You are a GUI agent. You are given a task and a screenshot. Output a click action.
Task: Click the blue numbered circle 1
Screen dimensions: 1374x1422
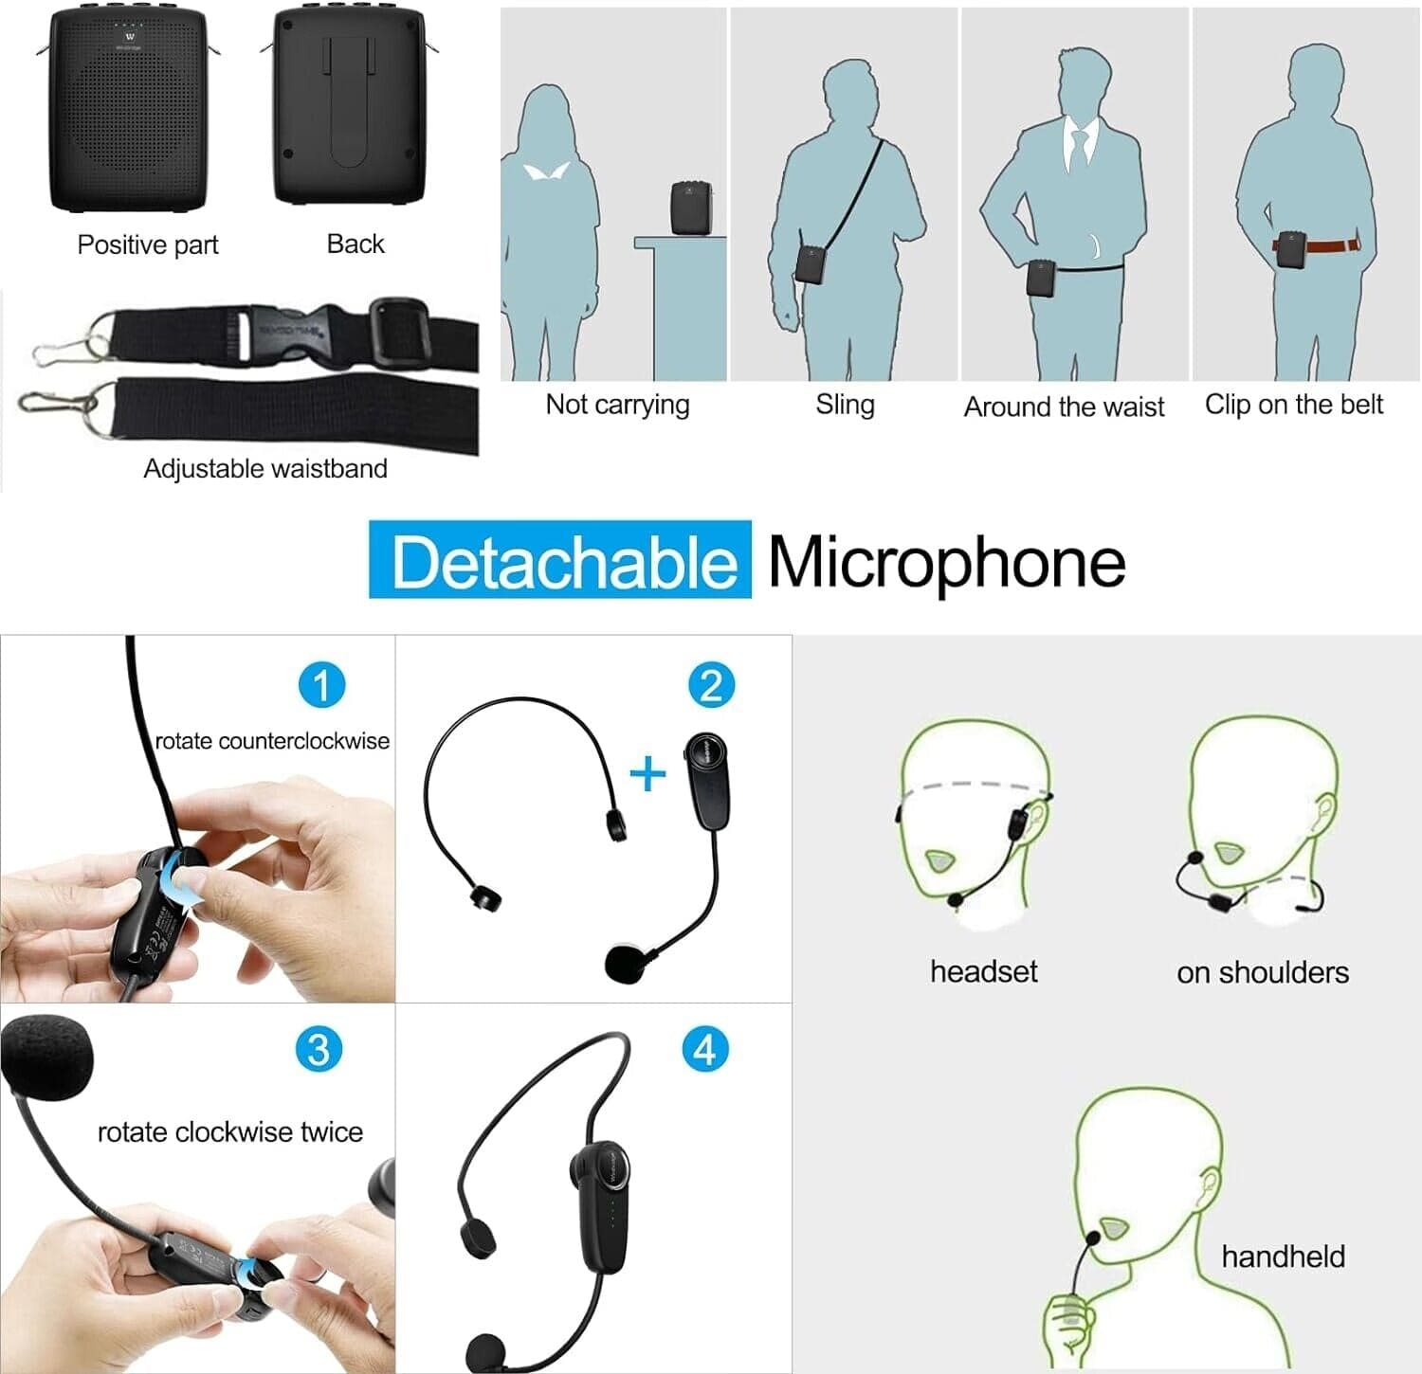(321, 685)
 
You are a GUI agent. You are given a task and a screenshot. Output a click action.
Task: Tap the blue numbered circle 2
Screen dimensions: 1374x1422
(711, 685)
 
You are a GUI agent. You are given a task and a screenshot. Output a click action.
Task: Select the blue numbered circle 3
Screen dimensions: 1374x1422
(319, 1049)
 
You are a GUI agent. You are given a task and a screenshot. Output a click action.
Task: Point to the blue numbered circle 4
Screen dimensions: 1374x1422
(705, 1049)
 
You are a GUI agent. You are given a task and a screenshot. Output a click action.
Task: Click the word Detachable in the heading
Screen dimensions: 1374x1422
(561, 561)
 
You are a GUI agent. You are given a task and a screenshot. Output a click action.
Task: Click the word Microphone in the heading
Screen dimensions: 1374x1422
(946, 561)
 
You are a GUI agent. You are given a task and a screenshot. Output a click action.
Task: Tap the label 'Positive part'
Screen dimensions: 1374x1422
(148, 244)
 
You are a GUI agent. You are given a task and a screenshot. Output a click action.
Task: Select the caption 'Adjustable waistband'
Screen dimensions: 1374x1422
(265, 468)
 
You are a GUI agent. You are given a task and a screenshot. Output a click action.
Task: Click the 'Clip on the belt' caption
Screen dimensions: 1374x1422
(1293, 405)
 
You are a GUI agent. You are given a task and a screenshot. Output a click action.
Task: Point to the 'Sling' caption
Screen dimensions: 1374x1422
(845, 405)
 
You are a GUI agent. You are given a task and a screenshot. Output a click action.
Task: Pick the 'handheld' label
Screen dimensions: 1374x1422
(1283, 1256)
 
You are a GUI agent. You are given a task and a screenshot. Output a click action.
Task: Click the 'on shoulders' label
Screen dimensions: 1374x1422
(1262, 972)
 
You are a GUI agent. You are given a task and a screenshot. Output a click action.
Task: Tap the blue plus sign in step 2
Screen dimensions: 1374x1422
(648, 775)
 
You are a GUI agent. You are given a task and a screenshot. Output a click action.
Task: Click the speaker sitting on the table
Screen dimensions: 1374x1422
(689, 208)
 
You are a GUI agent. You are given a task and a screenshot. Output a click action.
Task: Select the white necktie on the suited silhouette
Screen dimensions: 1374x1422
(1079, 149)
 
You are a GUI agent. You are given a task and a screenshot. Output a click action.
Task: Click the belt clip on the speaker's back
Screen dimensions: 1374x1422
(348, 102)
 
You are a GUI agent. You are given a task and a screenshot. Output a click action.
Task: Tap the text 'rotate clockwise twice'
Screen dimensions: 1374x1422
(230, 1131)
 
